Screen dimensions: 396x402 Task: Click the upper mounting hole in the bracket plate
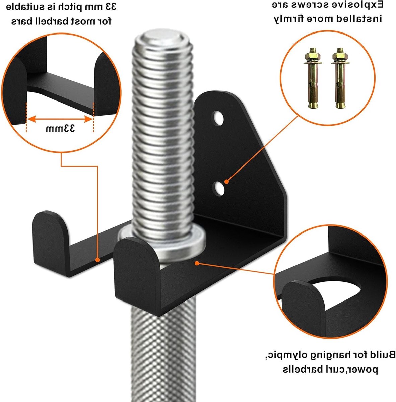[x=218, y=118]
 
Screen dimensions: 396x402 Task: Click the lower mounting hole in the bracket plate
[x=218, y=188]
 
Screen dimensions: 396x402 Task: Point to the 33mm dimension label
[x=60, y=129]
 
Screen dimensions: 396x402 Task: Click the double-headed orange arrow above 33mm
[x=60, y=119]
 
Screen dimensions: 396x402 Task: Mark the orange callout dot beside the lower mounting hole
[x=227, y=182]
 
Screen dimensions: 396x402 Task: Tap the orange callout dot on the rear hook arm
[x=97, y=260]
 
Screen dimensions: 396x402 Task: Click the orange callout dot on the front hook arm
[x=197, y=263]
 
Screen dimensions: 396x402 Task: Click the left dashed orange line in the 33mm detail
[x=26, y=117]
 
